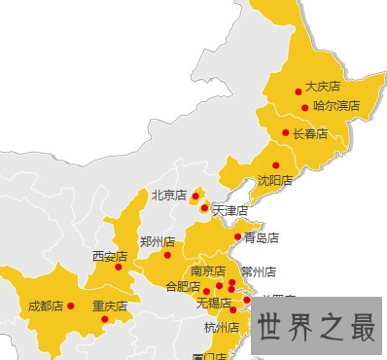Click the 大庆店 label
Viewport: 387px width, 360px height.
pos(324,87)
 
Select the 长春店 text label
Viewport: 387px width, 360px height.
pos(310,133)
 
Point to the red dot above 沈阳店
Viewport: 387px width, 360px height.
pos(276,164)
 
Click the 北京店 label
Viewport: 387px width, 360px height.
pos(168,196)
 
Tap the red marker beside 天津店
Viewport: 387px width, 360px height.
pos(203,207)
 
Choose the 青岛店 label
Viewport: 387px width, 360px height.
pos(261,237)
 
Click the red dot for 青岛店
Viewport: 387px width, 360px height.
pos(237,236)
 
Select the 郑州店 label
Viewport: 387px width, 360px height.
pos(157,241)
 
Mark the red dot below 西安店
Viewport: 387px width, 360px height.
pos(118,267)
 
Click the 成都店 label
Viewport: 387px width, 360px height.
pos(45,306)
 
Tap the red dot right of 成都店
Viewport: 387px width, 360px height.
pos(70,306)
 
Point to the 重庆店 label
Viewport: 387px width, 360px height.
pos(110,306)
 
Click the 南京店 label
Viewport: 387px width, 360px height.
pos(208,271)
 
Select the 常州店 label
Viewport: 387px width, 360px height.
pos(259,272)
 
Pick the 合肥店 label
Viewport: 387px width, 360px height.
pos(182,287)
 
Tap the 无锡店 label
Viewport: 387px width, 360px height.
pos(213,304)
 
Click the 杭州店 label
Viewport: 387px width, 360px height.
pos(222,327)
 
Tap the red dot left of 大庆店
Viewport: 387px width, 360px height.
pos(298,90)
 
